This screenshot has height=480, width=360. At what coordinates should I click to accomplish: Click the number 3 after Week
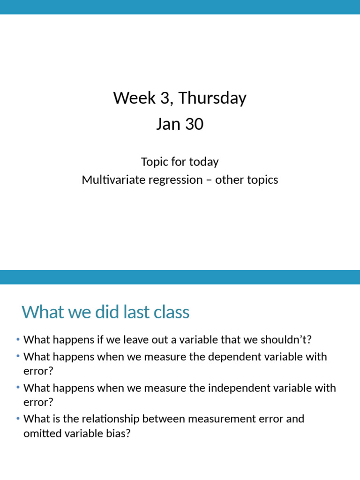click(162, 98)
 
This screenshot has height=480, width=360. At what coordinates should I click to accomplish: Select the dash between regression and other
click(209, 180)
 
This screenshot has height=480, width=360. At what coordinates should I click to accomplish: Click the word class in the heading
click(173, 312)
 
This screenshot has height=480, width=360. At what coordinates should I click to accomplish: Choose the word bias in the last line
click(119, 433)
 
